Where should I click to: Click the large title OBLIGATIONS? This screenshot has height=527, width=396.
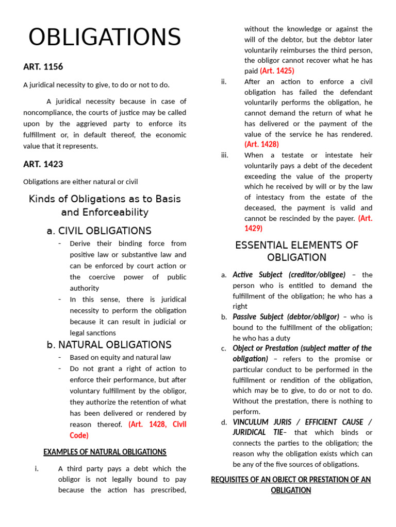pyautogui.click(x=105, y=38)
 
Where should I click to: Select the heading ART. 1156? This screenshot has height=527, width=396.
pyautogui.click(x=43, y=67)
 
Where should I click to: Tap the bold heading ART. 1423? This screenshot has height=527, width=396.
pyautogui.click(x=43, y=164)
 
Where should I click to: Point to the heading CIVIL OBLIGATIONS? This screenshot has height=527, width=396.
pyautogui.click(x=105, y=231)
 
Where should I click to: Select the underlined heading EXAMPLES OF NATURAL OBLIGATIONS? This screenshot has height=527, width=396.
pyautogui.click(x=105, y=452)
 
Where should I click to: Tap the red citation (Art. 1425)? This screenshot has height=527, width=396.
pyautogui.click(x=277, y=71)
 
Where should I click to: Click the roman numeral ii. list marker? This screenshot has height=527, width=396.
pyautogui.click(x=224, y=81)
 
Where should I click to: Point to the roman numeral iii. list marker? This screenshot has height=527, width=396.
pyautogui.click(x=224, y=155)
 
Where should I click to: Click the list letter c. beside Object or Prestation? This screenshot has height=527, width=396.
pyautogui.click(x=224, y=348)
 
